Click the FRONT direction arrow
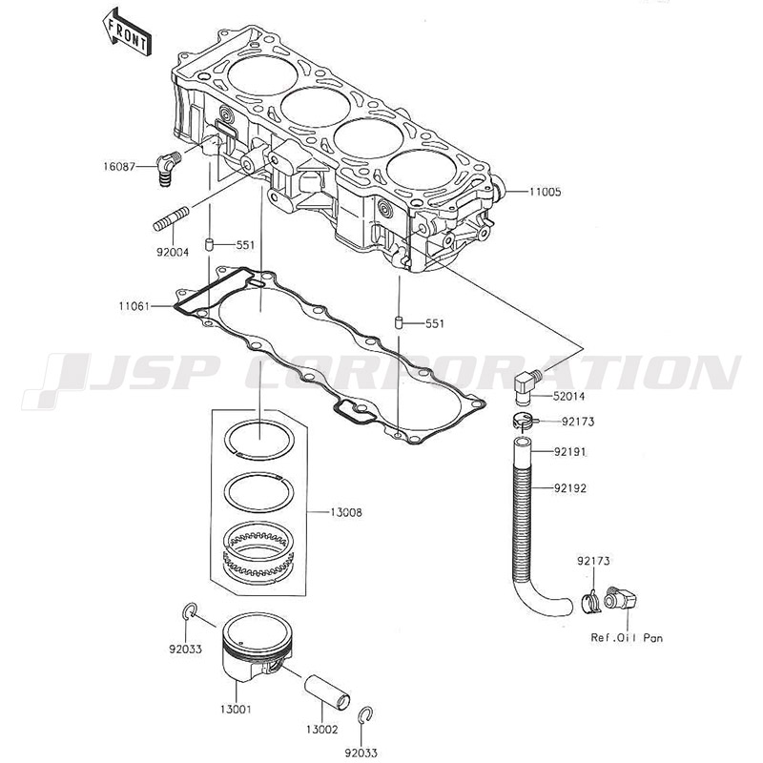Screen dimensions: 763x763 [x=125, y=31]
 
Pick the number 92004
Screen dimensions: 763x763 [x=171, y=252]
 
